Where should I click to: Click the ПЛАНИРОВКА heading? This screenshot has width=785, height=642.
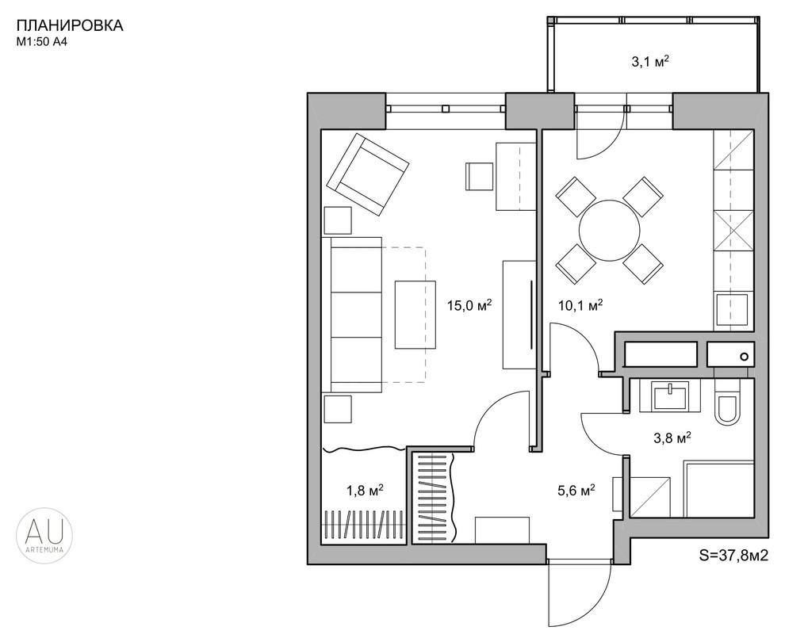[x=70, y=26]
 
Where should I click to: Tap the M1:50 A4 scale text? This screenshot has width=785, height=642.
[x=42, y=43]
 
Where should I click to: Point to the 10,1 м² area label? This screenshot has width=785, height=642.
[x=580, y=304]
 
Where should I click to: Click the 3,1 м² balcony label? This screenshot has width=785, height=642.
[x=650, y=62]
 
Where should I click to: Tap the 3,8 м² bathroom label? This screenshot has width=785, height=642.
[x=672, y=438]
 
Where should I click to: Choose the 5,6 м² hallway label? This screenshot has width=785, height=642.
[x=576, y=491]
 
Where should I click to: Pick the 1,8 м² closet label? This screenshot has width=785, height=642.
[x=365, y=491]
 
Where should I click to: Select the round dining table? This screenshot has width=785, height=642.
[x=609, y=230]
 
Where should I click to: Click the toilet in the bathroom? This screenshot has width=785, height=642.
[x=727, y=403]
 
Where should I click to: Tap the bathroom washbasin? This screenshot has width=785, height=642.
[x=671, y=396]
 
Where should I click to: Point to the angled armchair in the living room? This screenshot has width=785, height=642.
[x=367, y=174]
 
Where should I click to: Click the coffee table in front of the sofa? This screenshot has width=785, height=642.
[x=415, y=314]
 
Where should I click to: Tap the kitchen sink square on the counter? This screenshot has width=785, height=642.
[x=733, y=311]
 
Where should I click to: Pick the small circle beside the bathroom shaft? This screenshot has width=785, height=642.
[x=744, y=357]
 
